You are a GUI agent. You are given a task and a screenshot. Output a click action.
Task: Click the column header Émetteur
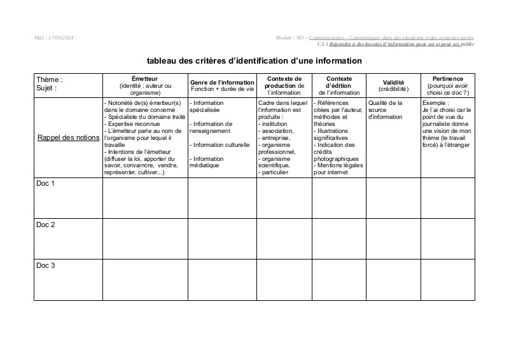click(x=145, y=78)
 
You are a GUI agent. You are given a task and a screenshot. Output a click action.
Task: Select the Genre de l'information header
click(x=222, y=83)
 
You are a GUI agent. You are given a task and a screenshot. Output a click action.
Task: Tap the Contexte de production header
click(x=284, y=82)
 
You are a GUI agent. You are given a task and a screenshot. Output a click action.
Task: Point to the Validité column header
click(x=393, y=83)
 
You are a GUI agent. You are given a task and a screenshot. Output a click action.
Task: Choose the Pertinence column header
click(x=448, y=78)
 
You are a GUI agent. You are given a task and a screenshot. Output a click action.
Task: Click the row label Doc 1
click(x=45, y=184)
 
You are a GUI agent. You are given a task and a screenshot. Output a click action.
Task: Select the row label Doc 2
click(x=45, y=225)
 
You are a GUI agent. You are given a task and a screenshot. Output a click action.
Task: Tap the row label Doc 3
click(x=45, y=265)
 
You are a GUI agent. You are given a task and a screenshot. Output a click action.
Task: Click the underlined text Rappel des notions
click(x=68, y=137)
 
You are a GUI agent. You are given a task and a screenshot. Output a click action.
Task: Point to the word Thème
click(x=48, y=80)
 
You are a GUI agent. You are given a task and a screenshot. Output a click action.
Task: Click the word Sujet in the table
click(x=45, y=88)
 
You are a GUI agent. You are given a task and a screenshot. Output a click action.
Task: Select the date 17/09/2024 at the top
click(x=61, y=38)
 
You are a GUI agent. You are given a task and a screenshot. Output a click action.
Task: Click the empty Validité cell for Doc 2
click(x=393, y=239)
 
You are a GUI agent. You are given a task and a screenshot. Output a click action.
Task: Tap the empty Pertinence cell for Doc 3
click(x=448, y=279)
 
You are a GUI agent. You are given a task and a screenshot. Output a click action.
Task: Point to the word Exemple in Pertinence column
click(x=435, y=102)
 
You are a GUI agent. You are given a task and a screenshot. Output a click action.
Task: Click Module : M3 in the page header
click(x=291, y=38)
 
